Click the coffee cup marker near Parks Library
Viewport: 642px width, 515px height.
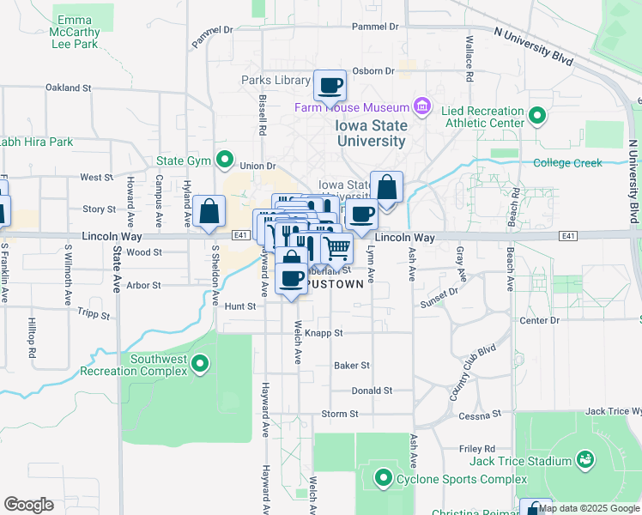330,86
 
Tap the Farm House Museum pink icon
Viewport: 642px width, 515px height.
421,107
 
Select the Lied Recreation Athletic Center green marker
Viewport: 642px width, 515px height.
537,114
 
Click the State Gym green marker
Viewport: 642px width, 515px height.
225,159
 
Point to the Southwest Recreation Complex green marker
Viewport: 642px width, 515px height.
200,364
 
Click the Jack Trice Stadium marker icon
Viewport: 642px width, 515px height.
585,460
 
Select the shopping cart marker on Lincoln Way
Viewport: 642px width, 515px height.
337,248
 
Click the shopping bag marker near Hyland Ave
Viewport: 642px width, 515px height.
209,211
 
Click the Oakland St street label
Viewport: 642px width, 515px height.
69,88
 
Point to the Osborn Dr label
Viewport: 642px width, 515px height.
373,71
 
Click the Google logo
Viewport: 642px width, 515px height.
28,505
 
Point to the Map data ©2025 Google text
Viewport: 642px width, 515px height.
589,508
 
